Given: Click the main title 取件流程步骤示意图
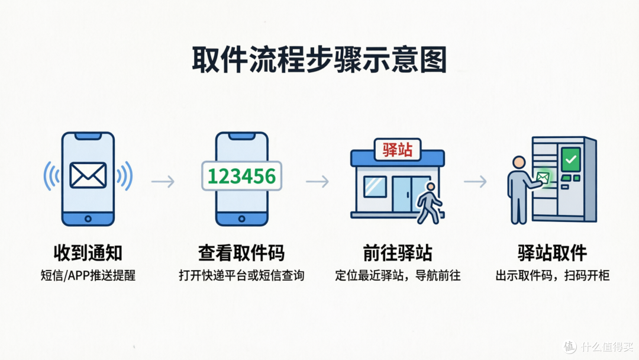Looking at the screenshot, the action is point(319,60).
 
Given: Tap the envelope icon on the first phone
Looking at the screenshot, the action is point(88,175).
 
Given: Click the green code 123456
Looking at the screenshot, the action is point(241,176).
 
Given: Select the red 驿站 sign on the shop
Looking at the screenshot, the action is point(398,149).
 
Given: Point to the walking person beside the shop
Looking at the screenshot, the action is point(429,203).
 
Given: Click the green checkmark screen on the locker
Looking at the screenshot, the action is point(570,159).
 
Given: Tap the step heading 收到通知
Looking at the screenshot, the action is point(88,253).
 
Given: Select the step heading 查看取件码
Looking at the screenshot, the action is point(241,253).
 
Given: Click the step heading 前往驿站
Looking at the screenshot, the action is point(398,253).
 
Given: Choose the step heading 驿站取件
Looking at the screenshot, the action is point(552,253).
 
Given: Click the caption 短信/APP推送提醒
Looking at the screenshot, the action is point(88,275).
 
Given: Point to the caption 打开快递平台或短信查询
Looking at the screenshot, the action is point(241,275).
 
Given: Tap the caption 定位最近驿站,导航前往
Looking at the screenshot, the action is point(398,275).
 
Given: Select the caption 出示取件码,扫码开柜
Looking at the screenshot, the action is point(553,275).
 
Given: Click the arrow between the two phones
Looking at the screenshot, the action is point(163,181).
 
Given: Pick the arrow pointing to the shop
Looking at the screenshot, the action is point(318,181).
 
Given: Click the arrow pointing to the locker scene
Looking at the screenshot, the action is point(475,181).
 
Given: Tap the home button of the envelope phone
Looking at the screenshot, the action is point(88,219).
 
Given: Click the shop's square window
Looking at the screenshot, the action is point(375,187).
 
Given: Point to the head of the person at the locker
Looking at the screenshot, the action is point(519,162).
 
